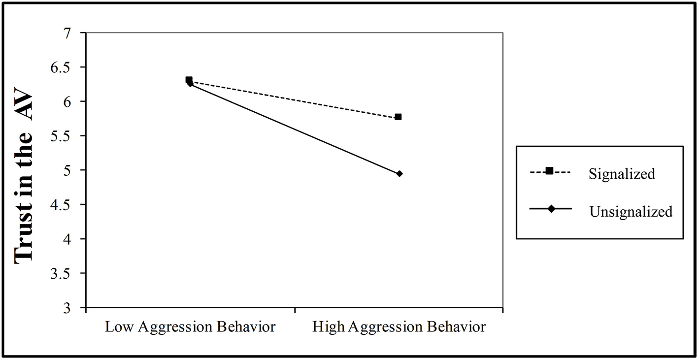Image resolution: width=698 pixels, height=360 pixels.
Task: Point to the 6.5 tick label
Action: pyautogui.click(x=68, y=67)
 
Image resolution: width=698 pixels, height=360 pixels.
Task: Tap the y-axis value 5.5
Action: pyautogui.click(x=68, y=136)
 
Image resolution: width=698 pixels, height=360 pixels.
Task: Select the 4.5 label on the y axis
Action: pyautogui.click(x=68, y=205)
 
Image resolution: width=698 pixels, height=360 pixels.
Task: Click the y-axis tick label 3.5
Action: pyautogui.click(x=68, y=273)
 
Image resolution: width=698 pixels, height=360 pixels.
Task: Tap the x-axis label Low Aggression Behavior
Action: pyautogui.click(x=190, y=327)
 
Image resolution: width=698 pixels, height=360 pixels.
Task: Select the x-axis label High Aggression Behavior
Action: pyautogui.click(x=399, y=327)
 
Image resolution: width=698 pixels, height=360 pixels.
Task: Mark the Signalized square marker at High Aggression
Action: pyautogui.click(x=398, y=117)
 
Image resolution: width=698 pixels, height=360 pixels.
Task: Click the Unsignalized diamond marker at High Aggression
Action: pyautogui.click(x=399, y=173)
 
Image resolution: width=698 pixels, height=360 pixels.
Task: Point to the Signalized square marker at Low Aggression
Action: pyautogui.click(x=189, y=80)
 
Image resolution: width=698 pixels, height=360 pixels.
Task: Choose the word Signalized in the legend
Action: pyautogui.click(x=622, y=174)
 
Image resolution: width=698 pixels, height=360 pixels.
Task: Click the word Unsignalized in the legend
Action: pyautogui.click(x=631, y=212)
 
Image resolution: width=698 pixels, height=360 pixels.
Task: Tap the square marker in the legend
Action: pyautogui.click(x=550, y=171)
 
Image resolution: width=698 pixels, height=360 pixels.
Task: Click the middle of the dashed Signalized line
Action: pyautogui.click(x=294, y=98)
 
